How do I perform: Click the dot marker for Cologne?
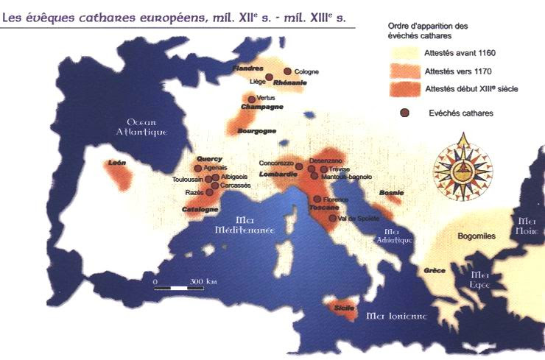pos(288,71)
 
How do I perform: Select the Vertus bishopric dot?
pos(252,99)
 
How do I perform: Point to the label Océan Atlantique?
pos(147,127)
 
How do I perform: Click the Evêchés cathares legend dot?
pos(404,113)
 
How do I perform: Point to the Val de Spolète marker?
pos(332,218)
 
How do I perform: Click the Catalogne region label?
pos(200,209)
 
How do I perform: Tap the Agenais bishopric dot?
pos(197,168)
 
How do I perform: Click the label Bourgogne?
pos(256,130)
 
